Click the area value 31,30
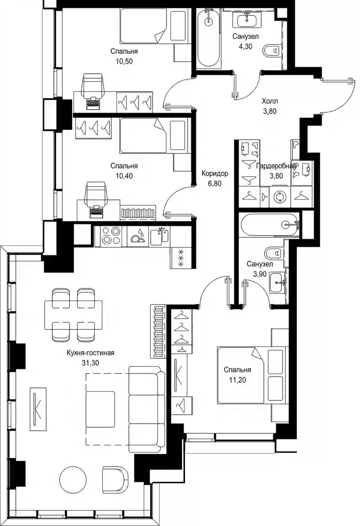[90, 362]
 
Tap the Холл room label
[270, 101]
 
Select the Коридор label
[215, 173]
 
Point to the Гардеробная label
[277, 166]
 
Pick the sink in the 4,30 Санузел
[247, 19]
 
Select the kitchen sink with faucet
[160, 236]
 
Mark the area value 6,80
[215, 183]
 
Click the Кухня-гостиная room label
[90, 353]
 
